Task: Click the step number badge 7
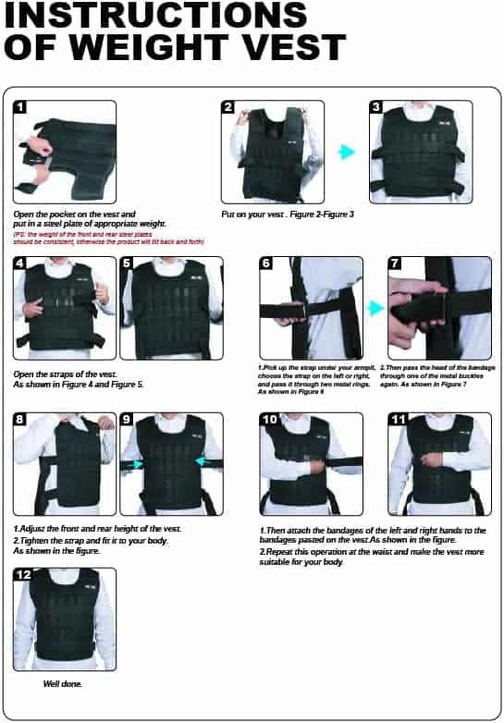coord(396,263)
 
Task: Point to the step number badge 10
coord(269,420)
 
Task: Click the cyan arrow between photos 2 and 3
coord(347,151)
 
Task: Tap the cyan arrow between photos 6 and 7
coord(375,307)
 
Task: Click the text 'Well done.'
coord(63,684)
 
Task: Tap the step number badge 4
coord(21,263)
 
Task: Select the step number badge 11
coord(398,420)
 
